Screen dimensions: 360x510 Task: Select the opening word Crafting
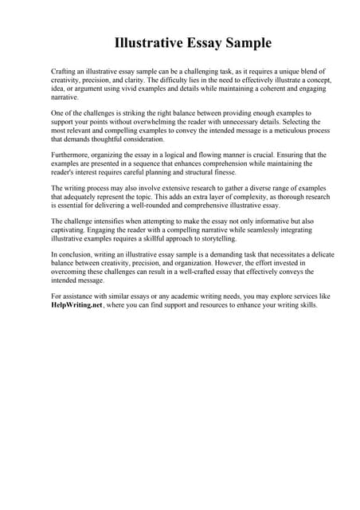point(65,72)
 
